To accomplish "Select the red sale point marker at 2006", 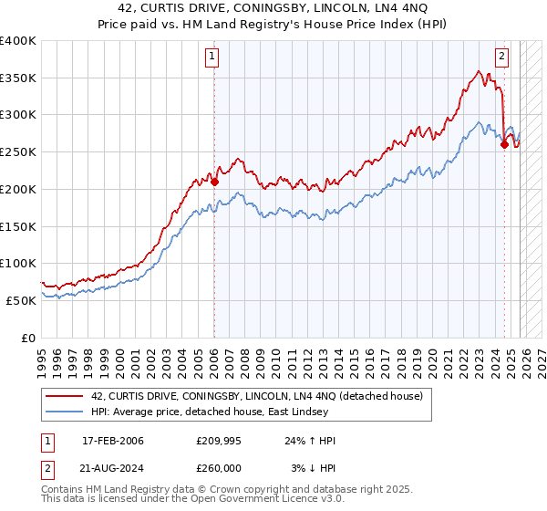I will (x=215, y=182).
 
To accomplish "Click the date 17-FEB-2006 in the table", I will (x=112, y=441).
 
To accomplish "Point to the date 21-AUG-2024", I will (x=113, y=468).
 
